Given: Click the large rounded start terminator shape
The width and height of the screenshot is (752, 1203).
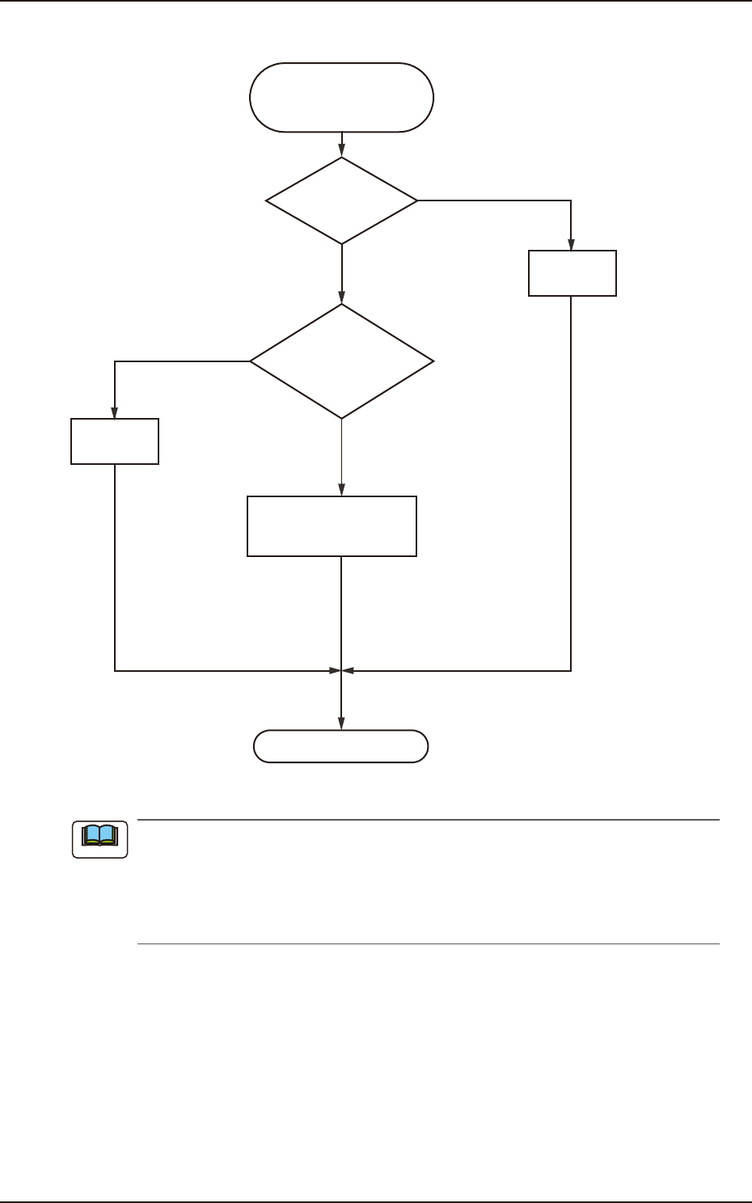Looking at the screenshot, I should [342, 97].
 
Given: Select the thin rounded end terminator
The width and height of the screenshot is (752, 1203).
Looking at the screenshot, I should [340, 746].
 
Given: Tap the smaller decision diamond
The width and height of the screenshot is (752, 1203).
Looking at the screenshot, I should [342, 200].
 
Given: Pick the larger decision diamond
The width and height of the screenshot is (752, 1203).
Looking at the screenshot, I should [342, 361].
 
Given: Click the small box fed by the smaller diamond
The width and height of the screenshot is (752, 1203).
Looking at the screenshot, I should [572, 273].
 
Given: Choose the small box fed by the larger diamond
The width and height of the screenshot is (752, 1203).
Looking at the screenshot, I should [115, 441].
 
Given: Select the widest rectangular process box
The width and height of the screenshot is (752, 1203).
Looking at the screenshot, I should [332, 526].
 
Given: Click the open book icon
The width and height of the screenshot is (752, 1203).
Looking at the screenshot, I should [100, 839].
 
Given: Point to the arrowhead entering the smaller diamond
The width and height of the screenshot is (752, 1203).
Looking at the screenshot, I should [342, 151].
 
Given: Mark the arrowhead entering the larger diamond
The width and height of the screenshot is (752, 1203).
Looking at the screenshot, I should [342, 298].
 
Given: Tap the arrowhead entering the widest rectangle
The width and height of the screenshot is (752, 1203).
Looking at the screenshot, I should [342, 490].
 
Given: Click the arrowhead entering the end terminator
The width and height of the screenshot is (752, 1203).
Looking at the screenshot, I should [341, 724].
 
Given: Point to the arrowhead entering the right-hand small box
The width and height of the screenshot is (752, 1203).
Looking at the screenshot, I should [572, 245].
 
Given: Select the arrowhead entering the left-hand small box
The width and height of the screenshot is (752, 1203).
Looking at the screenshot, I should [115, 412].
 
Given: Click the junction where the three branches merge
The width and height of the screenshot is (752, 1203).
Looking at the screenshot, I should [341, 670].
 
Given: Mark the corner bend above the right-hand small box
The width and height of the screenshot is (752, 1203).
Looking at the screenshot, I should [572, 200].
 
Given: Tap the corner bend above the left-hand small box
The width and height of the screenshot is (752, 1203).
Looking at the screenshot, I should [115, 361].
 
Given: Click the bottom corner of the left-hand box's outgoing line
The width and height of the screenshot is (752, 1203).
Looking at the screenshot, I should [115, 670].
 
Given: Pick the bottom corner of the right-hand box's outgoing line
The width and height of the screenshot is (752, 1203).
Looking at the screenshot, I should [572, 670].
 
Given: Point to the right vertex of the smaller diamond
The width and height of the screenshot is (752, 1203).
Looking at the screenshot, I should [418, 200].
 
